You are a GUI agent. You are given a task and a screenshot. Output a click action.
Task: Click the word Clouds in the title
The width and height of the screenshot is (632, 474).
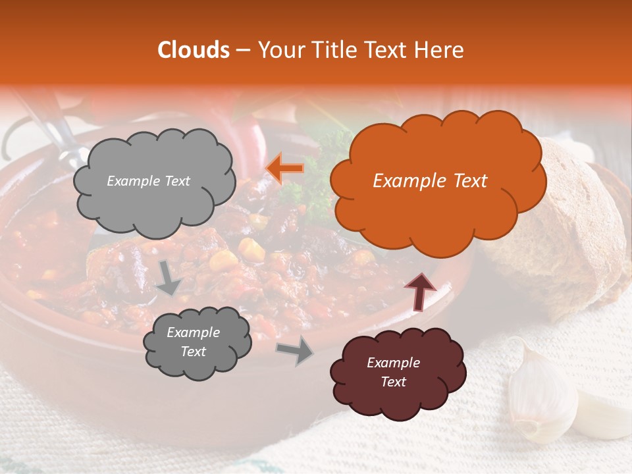pos(194,50)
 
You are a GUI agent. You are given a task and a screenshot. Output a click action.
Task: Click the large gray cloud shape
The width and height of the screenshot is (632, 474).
pos(154,181)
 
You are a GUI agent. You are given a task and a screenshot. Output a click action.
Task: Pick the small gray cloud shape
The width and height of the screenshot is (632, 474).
pos(196,342)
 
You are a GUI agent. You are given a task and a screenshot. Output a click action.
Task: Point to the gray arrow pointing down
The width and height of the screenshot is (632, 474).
pos(169,278)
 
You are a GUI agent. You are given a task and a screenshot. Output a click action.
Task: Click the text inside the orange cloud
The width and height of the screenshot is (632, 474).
pos(430,181)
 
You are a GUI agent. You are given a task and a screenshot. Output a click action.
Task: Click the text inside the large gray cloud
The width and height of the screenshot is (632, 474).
pos(148,181)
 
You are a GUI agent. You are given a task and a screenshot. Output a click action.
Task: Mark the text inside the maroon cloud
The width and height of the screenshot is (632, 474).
pos(393,372)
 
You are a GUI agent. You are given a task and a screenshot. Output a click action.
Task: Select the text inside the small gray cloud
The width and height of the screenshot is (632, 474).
pos(193,342)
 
